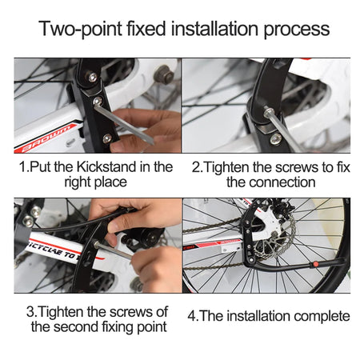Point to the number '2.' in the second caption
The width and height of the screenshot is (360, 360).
(x=198, y=166)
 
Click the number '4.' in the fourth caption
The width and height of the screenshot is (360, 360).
(x=193, y=316)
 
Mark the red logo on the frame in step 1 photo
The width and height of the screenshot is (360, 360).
(x=48, y=136)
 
